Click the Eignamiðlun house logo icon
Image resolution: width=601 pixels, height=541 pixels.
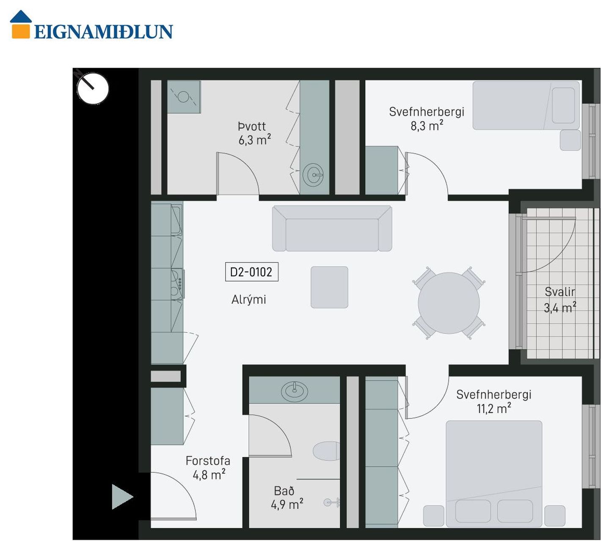21,25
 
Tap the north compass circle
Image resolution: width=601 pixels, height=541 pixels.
93,89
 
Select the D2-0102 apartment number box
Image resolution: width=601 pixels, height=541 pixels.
252,272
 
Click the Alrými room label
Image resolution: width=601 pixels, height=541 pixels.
249,300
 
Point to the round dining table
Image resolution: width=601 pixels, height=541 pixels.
449,303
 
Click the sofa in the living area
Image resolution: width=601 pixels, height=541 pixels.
332,228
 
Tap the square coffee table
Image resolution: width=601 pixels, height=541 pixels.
329,287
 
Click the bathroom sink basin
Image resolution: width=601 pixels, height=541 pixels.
295,391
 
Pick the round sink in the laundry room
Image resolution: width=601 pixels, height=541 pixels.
313,174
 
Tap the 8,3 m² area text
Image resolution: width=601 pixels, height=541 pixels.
427,126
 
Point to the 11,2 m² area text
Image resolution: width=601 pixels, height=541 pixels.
494,408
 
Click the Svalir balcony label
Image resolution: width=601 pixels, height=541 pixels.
560,292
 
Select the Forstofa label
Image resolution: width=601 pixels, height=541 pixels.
208,461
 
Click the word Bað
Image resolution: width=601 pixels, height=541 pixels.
284,491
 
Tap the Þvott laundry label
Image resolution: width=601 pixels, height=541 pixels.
252,126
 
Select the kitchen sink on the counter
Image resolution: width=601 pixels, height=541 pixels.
176,219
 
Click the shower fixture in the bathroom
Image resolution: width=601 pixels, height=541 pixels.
331,503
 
